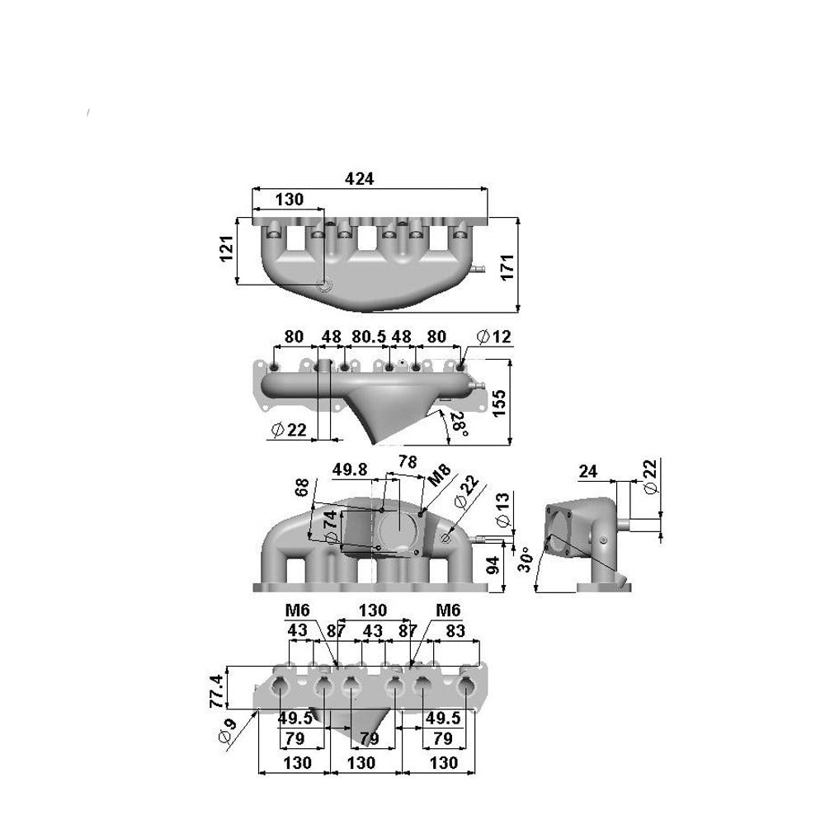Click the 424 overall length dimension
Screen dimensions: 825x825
[359, 179]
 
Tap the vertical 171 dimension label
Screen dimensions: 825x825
[508, 266]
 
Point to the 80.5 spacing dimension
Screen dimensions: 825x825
[365, 337]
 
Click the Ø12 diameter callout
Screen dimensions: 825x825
[493, 337]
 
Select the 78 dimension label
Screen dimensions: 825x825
[408, 462]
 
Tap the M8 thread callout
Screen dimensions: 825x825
[439, 476]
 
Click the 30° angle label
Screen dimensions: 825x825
[522, 560]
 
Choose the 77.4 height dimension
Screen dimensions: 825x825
[216, 691]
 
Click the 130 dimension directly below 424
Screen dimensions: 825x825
[288, 199]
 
